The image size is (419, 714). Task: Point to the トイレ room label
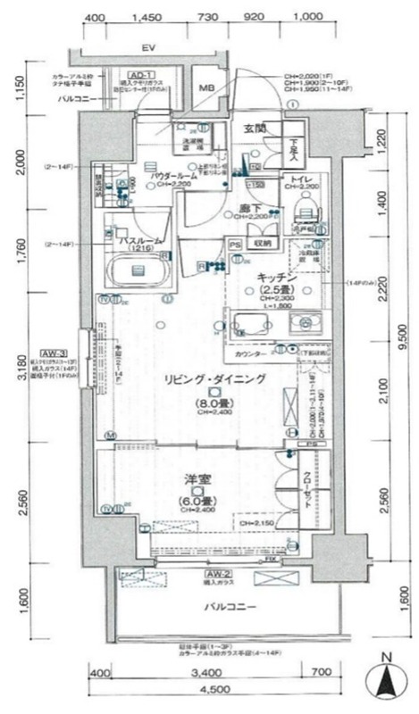296,177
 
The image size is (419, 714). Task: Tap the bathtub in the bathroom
138,270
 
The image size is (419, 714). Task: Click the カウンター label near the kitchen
247,354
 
